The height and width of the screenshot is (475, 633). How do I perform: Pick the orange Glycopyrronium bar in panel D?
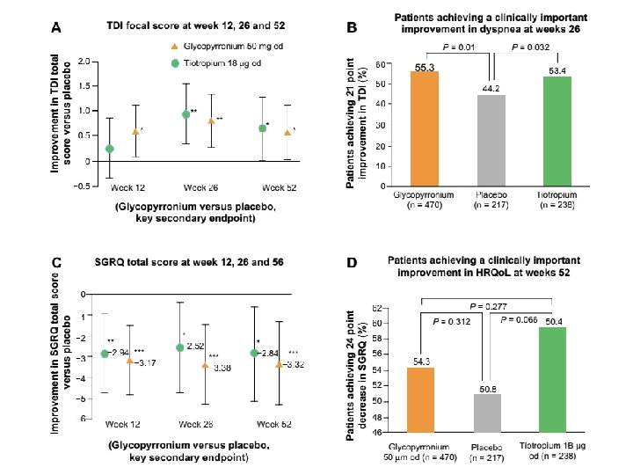(x=421, y=399)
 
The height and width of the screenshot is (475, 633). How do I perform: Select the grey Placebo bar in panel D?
(x=486, y=413)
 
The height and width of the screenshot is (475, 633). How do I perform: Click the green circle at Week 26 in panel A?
(x=186, y=114)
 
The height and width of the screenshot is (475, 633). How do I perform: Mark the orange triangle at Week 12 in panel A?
(x=135, y=131)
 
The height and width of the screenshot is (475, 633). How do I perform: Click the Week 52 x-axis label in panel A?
(x=278, y=187)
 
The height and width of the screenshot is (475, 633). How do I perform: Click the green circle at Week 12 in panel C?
(x=104, y=353)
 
